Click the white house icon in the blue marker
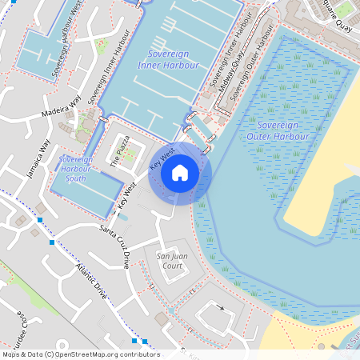pos(180,172)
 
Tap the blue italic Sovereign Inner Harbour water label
pos(167,59)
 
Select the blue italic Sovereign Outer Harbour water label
pos(278,131)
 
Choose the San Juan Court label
pos(169,260)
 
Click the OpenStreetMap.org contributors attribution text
pos(107,354)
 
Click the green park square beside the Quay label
pos(345,9)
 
